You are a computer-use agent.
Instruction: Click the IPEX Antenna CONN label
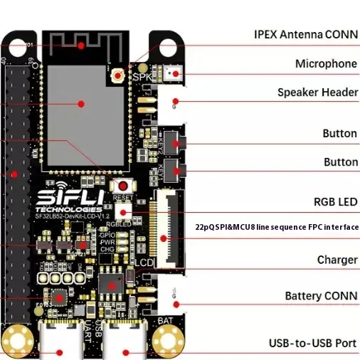pyautogui.click(x=305, y=34)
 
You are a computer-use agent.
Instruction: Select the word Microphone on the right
pyautogui.click(x=326, y=64)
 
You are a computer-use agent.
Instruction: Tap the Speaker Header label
pyautogui.click(x=317, y=92)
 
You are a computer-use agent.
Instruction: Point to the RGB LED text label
pyautogui.click(x=335, y=202)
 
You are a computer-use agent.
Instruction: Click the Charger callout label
pyautogui.click(x=337, y=260)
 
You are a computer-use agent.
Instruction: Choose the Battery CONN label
pyautogui.click(x=320, y=295)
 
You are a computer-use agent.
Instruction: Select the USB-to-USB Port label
pyautogui.click(x=312, y=344)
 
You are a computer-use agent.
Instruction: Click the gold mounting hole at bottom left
pyautogui.click(x=14, y=340)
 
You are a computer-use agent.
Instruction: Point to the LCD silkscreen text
pyautogui.click(x=145, y=263)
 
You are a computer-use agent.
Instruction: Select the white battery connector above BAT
pyautogui.click(x=171, y=297)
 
